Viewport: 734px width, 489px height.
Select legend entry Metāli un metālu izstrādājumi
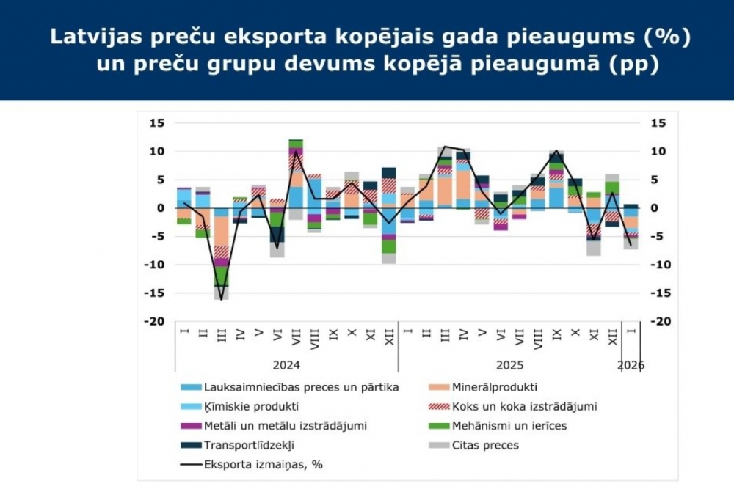pyautogui.click(x=285, y=425)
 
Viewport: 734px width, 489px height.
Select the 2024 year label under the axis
pyautogui.click(x=286, y=364)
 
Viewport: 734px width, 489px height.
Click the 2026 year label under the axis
pyautogui.click(x=631, y=364)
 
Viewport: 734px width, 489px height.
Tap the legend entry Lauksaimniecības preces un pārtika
pyautogui.click(x=301, y=387)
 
